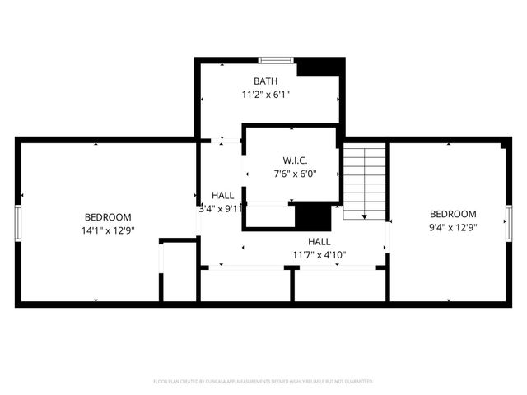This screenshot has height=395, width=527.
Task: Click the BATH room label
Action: pos(265,81)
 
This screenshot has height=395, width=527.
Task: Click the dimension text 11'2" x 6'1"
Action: pos(265,95)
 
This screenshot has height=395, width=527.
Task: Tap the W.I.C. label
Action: pos(294,160)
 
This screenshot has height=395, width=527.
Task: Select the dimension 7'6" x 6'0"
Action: pos(294,174)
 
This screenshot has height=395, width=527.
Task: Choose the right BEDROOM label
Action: pos(453,214)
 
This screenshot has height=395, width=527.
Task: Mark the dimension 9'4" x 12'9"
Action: pos(453,227)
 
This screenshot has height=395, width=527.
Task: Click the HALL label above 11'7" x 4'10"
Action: pos(319,241)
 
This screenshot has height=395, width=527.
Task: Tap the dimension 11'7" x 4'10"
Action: pos(319,255)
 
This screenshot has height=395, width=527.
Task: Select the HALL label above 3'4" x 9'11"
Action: pos(222,195)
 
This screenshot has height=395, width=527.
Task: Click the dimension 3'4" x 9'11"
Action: pos(222,209)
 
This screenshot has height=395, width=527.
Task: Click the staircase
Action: pos(364,181)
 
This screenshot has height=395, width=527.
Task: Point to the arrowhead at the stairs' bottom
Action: pos(364,216)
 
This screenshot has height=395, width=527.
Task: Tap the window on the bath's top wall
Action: pos(276,60)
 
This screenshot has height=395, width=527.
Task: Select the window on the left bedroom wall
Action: pos(17,222)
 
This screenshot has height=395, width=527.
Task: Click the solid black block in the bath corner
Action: pos(319,67)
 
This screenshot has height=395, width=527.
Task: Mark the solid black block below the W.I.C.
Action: pos(311,216)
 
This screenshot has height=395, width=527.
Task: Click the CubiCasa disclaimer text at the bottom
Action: pos(263,382)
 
